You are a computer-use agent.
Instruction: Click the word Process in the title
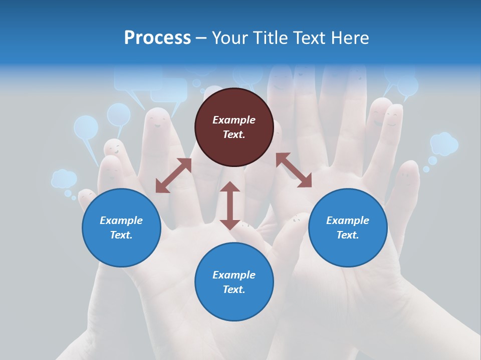tap(157, 38)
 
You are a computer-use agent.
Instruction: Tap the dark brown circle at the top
tap(234, 127)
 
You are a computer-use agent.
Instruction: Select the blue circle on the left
tap(121, 227)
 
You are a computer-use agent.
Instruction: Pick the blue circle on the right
tap(348, 227)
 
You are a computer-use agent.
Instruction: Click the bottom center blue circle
tap(234, 282)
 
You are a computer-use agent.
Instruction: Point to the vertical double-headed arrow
tap(230, 205)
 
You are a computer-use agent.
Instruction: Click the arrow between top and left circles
tap(173, 175)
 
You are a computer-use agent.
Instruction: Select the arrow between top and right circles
tap(294, 170)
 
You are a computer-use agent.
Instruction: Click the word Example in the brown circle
tap(234, 120)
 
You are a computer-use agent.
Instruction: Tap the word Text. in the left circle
tap(121, 235)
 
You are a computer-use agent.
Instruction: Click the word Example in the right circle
tap(348, 220)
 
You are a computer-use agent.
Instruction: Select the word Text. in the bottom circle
tap(234, 289)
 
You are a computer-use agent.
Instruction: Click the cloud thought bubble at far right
tap(444, 144)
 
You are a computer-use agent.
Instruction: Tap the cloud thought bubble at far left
tap(64, 178)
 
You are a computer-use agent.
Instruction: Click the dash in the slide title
tap(201, 38)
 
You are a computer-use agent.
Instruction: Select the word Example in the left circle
tap(121, 220)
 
